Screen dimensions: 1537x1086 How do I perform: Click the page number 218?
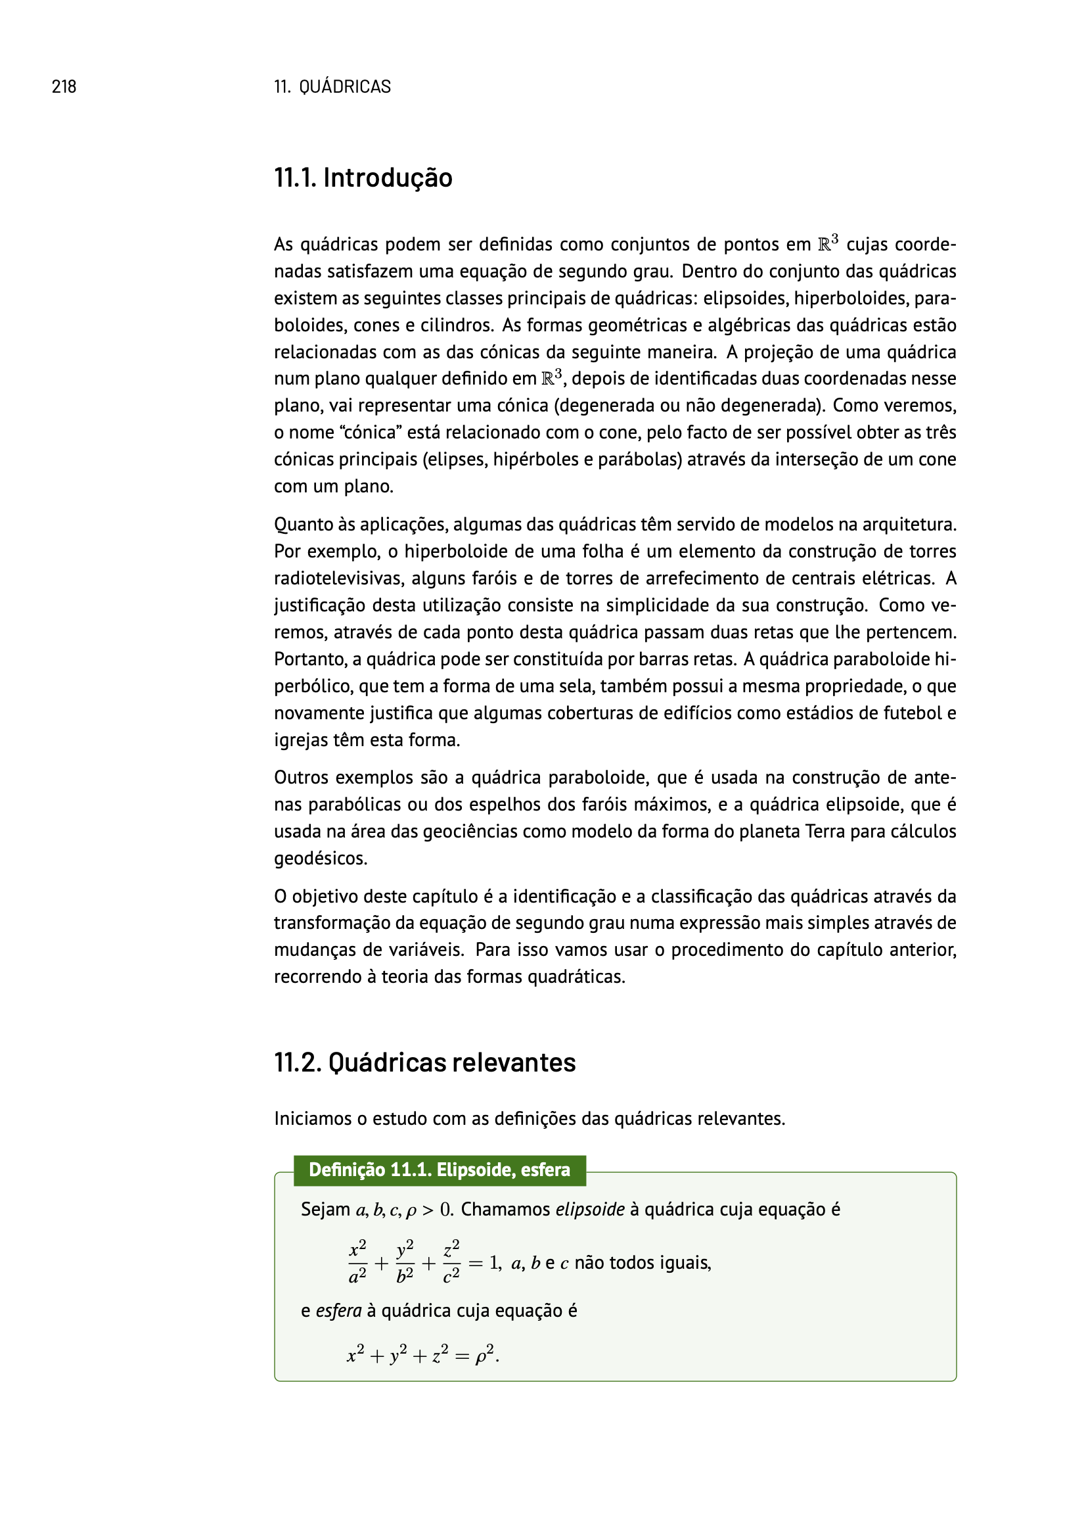point(64,86)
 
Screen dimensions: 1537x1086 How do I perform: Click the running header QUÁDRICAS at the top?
point(345,86)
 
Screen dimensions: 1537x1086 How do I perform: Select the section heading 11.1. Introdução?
point(363,178)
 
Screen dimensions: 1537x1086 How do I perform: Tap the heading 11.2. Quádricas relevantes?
point(424,1062)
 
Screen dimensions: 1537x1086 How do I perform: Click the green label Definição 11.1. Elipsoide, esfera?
point(439,1170)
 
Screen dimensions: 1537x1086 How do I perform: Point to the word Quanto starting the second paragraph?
point(299,525)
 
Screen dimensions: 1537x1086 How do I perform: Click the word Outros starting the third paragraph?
point(299,778)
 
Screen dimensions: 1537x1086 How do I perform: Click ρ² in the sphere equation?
point(484,1356)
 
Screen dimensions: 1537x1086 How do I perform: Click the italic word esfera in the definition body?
point(338,1311)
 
